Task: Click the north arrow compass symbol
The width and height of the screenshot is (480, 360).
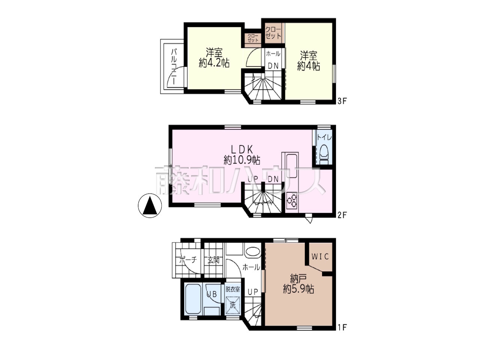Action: (x=150, y=205)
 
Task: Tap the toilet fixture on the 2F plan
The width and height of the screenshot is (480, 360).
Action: (x=324, y=154)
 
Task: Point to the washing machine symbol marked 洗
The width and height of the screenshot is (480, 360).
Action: (x=232, y=305)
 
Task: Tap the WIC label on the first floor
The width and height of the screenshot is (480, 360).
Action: (x=320, y=257)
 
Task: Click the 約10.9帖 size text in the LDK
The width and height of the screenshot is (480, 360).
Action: (x=242, y=161)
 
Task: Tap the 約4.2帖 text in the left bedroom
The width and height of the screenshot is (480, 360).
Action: (x=214, y=63)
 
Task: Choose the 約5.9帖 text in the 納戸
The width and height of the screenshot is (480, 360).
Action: (x=298, y=289)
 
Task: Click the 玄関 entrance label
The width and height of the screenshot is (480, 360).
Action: (x=213, y=260)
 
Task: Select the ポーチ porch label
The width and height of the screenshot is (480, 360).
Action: (x=188, y=260)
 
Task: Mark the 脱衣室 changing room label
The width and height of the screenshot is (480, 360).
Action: (x=232, y=289)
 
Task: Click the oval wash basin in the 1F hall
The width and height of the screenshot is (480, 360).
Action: (x=253, y=253)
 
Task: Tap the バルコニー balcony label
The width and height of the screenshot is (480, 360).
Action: (x=174, y=67)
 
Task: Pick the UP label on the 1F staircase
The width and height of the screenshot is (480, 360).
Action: (x=253, y=292)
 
